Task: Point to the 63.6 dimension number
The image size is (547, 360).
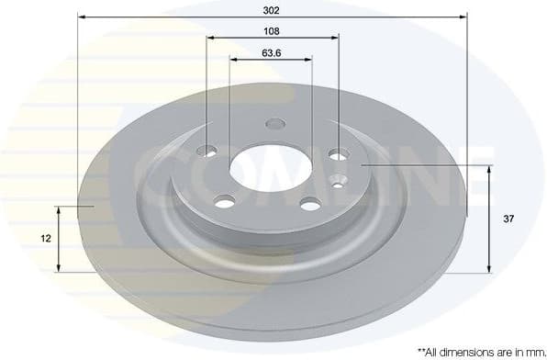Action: pos(271,51)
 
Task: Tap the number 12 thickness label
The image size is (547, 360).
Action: pos(44,238)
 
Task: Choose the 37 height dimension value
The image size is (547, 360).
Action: pos(507,219)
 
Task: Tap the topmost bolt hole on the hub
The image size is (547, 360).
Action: pos(274,125)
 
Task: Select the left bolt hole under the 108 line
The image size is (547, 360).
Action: pos(210,152)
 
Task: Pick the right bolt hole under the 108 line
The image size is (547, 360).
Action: pos(339,154)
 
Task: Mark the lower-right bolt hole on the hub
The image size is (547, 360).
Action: pos(310,203)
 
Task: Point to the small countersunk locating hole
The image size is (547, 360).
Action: pos(340,180)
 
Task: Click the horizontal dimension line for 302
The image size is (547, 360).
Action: pos(271,17)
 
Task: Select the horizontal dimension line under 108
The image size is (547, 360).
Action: pos(273,38)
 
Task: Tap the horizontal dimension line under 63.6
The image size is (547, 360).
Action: pos(271,59)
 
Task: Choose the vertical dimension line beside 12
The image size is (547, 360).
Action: pos(60,239)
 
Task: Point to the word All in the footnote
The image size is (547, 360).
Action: pos(430,352)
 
